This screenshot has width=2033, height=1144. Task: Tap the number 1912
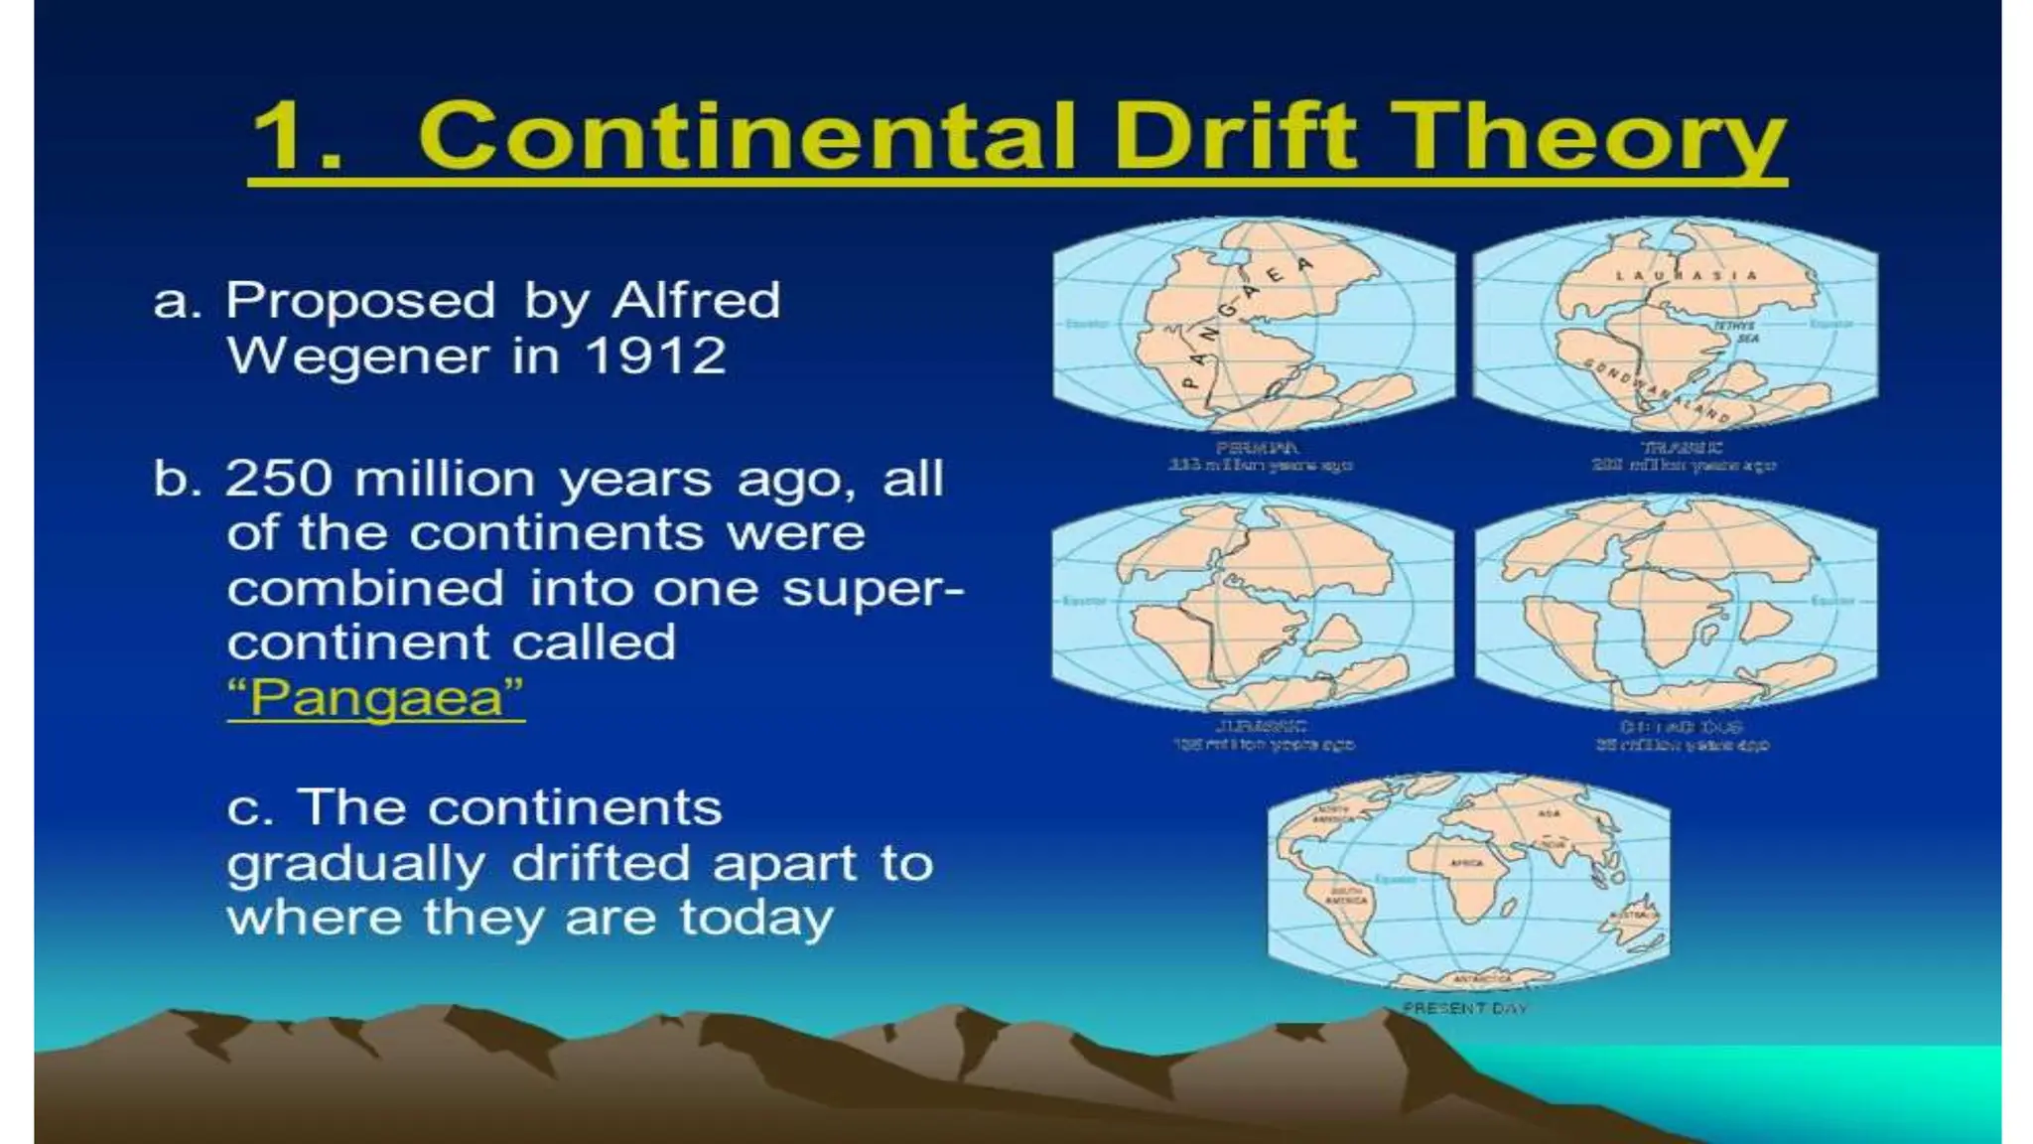[655, 356]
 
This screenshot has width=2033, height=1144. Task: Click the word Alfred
[696, 300]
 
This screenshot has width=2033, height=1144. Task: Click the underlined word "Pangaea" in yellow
[376, 697]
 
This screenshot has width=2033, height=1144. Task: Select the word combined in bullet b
[365, 588]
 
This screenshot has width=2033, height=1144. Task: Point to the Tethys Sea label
[1734, 332]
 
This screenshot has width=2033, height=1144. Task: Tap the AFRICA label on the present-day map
[1467, 863]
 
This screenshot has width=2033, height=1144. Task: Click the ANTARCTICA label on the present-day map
[1482, 979]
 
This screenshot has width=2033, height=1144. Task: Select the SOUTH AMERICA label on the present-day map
[1346, 896]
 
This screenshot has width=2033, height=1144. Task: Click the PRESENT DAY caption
[1464, 1008]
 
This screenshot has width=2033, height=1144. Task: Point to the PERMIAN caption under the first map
[1257, 448]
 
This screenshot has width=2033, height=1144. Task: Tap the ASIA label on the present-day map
[1549, 813]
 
